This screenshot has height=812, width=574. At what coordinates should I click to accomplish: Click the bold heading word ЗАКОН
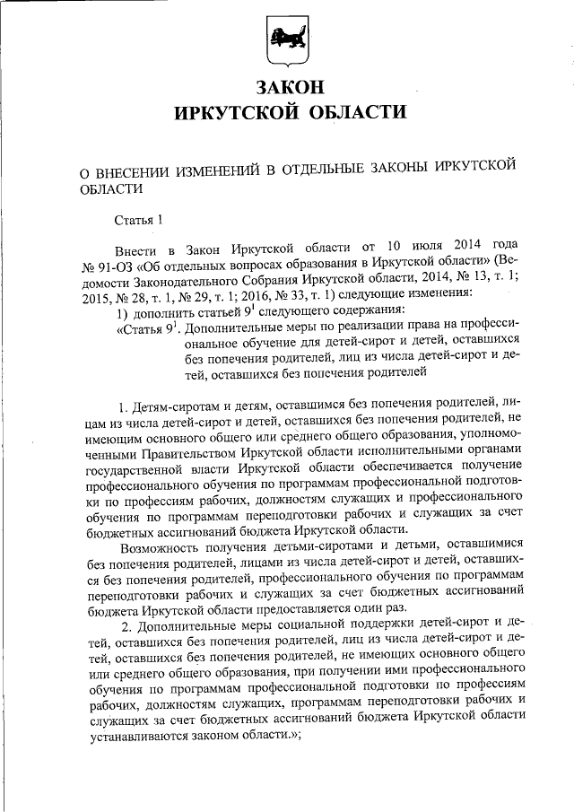pyautogui.click(x=286, y=88)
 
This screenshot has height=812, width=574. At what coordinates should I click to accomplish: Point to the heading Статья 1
pyautogui.click(x=139, y=218)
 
